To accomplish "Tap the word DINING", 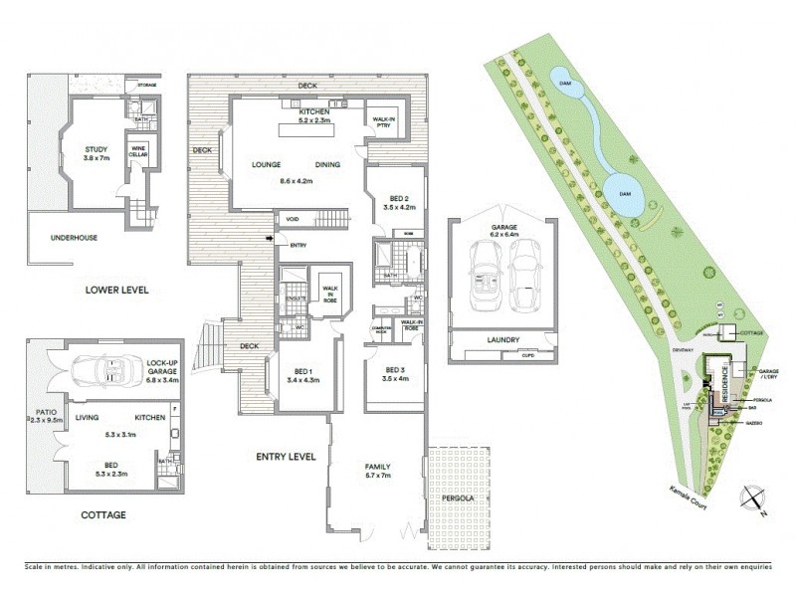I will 328,164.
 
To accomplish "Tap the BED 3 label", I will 395,373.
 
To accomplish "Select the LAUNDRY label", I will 503,340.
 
